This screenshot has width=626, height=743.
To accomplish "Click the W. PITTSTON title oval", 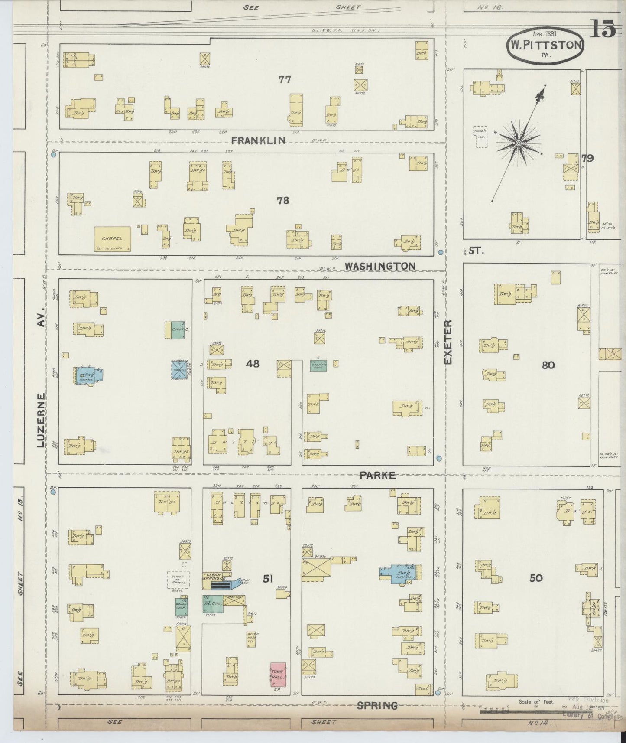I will pos(545,46).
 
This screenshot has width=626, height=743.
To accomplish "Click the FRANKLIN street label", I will pos(258,140).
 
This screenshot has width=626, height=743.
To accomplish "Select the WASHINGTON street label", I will pos(380,266).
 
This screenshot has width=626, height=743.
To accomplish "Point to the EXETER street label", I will pos(448,342).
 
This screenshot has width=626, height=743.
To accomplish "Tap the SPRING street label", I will pos(377,706).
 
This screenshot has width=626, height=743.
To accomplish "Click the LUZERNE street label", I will pos(41,420).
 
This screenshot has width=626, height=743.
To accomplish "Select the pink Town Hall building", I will pos(278,675).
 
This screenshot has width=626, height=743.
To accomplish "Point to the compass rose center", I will pos(518,143).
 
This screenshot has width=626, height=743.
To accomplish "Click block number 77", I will pos(285,80).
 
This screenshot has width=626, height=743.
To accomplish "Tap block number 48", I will pos(253,363).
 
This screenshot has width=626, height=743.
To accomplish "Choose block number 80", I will pos(548,365).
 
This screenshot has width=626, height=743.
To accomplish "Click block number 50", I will pos(536,578).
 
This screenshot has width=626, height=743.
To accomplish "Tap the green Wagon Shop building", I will pos(181,606).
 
